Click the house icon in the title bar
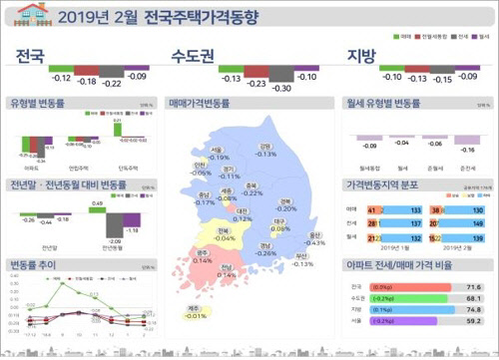(x=32, y=13)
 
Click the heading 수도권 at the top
(x=197, y=55)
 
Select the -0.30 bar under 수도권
(x=282, y=76)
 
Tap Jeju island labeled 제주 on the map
(x=197, y=312)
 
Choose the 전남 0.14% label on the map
(x=228, y=270)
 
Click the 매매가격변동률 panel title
(x=204, y=102)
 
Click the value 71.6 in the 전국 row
(x=474, y=285)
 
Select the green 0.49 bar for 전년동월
(x=98, y=208)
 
